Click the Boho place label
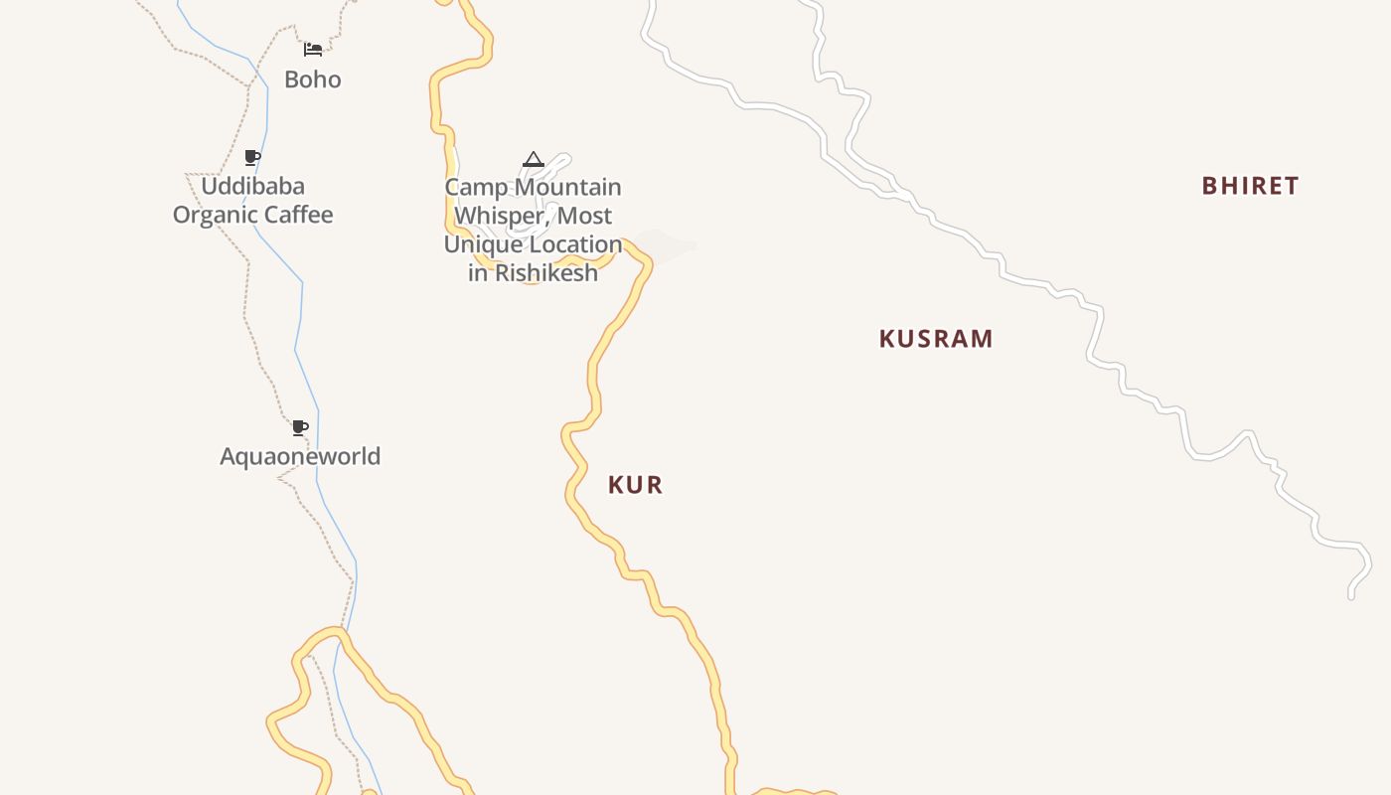312,79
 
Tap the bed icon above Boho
313,49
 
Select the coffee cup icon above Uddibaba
252,157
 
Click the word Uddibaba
252,186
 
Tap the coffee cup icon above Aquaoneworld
300,428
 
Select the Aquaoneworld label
300,456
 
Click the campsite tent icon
534,160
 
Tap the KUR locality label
635,485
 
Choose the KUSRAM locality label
936,339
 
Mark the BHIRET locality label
1250,186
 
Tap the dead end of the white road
1351,595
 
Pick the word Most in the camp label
585,216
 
